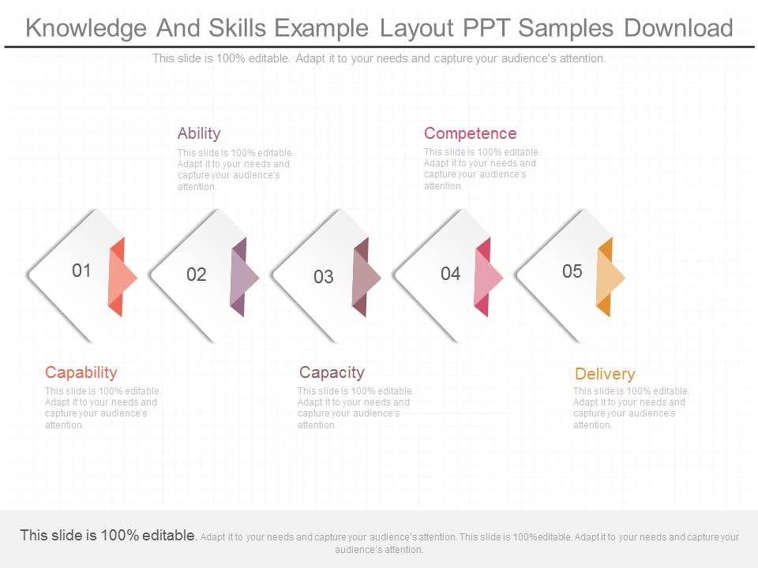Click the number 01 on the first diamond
(81, 271)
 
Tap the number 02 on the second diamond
(197, 275)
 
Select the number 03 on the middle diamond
(324, 277)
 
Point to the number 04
(450, 274)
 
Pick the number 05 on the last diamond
(572, 271)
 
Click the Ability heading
(199, 133)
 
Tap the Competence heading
(470, 133)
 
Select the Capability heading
(81, 372)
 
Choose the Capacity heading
(332, 372)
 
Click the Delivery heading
(604, 374)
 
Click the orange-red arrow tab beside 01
(121, 277)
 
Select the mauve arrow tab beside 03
(366, 277)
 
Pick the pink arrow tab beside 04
(487, 277)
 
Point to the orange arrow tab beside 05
(610, 277)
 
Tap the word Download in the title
(678, 28)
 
